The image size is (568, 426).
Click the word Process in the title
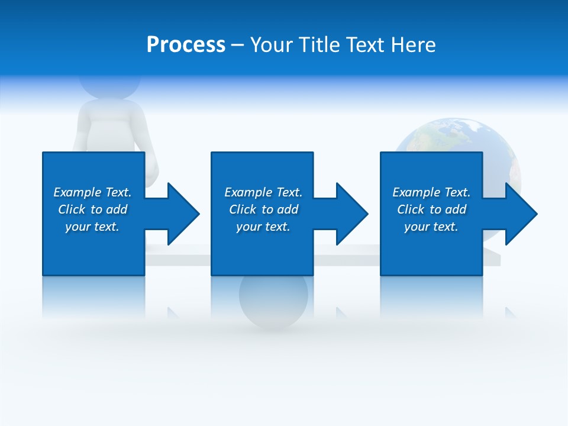186,45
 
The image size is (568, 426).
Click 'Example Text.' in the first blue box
92,192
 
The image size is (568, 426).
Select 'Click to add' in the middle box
263,209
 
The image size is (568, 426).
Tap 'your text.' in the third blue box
431,227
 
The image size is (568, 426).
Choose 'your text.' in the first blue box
92,227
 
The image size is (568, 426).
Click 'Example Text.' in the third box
431,192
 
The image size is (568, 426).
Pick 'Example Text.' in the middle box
263,192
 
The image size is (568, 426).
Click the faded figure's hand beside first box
153,172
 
